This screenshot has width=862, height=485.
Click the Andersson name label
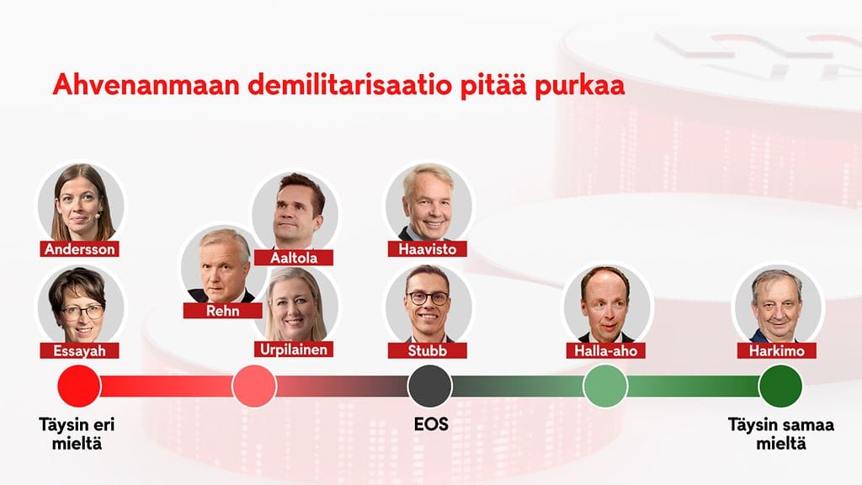[80, 249]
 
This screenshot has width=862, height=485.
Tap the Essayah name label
[80, 350]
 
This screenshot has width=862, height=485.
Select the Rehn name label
[222, 311]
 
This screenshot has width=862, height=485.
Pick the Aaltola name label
[294, 258]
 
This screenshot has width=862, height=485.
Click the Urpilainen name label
[294, 349]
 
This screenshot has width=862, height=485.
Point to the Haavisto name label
[427, 249]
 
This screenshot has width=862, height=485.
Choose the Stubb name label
[427, 350]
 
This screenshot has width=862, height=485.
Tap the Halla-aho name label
[606, 350]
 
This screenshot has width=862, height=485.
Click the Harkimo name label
[777, 350]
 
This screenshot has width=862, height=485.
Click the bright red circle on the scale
[79, 386]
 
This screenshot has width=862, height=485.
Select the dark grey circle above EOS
[430, 386]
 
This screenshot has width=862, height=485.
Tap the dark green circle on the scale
[780, 386]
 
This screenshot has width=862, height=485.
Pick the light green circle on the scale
[605, 386]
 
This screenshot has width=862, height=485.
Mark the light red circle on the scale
[254, 386]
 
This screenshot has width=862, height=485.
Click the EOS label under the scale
[431, 424]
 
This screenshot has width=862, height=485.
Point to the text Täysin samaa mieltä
[781, 434]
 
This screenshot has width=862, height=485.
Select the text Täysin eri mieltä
[77, 434]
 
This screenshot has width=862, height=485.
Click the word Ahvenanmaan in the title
[146, 85]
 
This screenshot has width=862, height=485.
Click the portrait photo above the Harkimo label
[778, 305]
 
